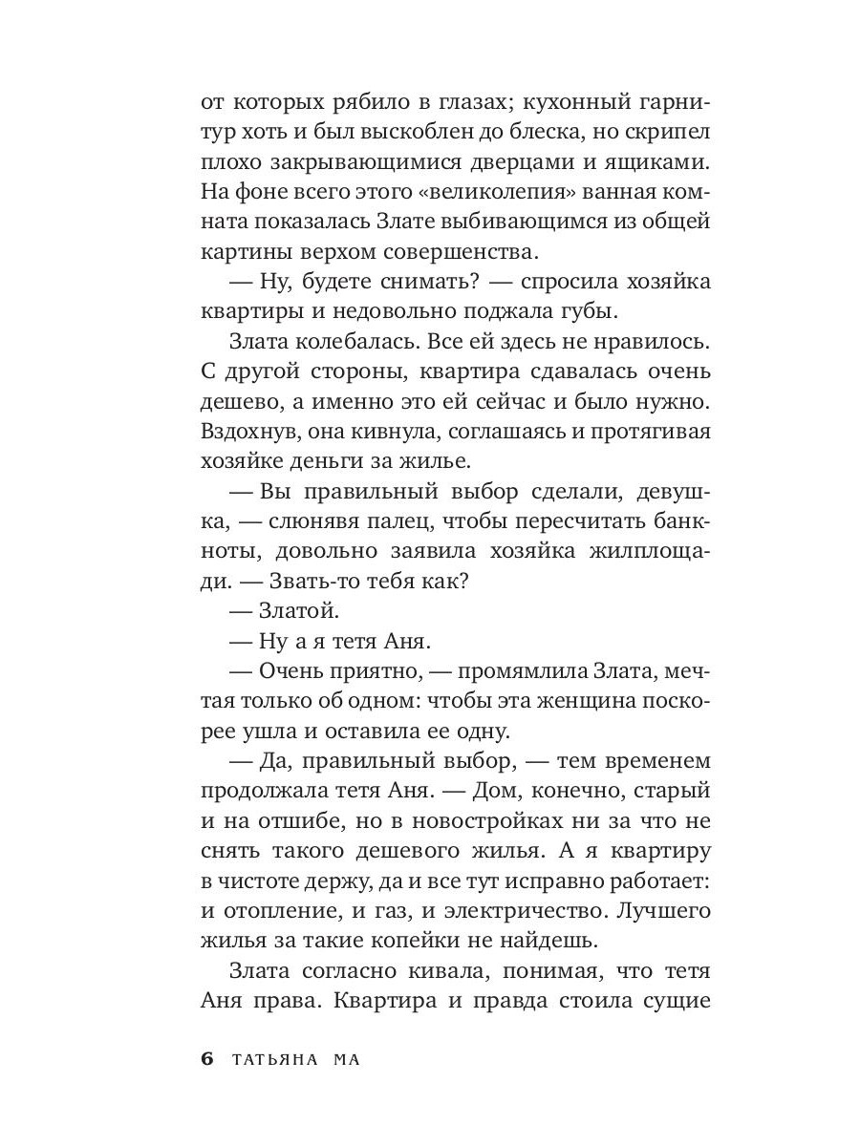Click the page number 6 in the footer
(206, 1060)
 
